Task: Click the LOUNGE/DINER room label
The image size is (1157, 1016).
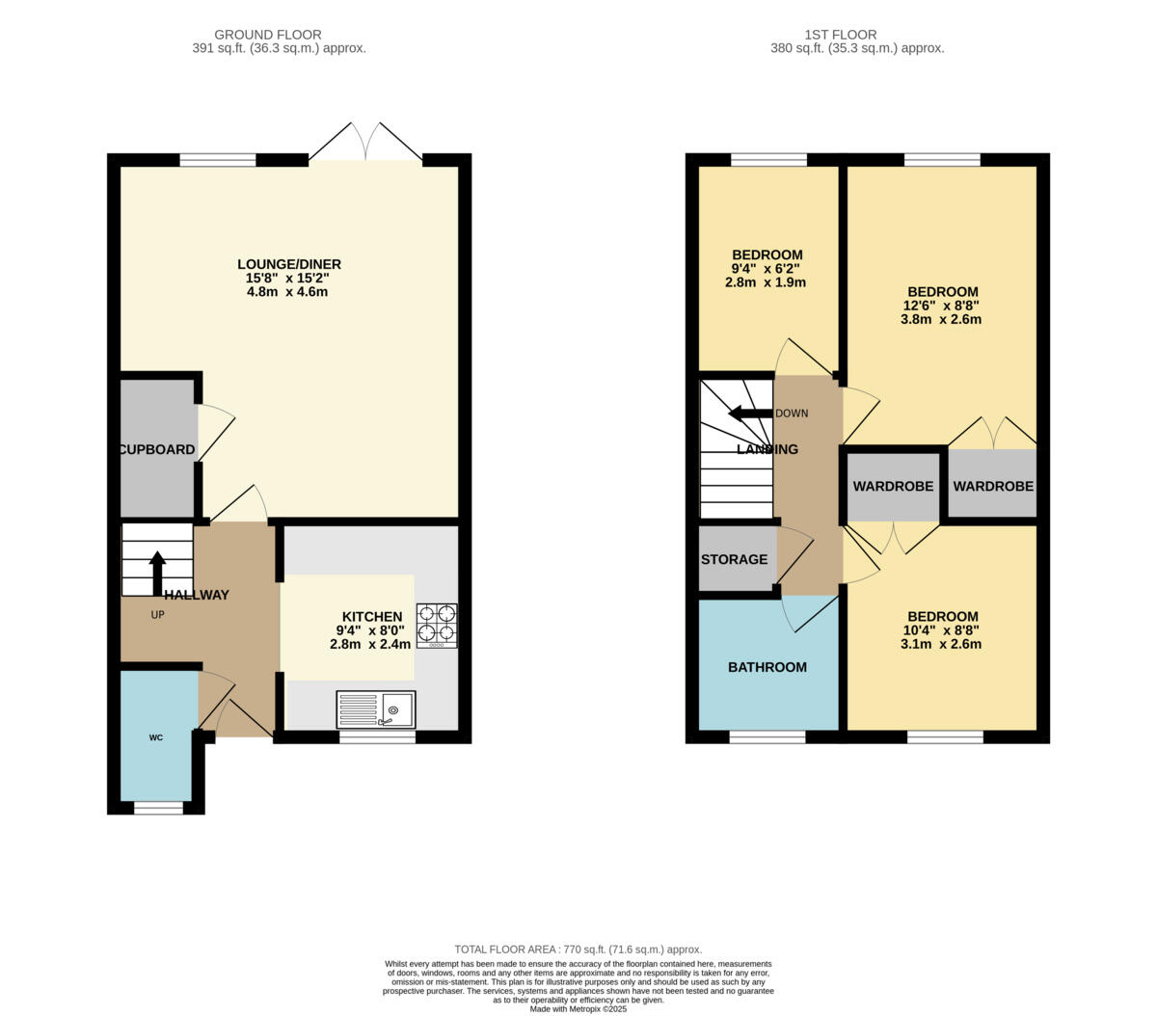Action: (x=289, y=264)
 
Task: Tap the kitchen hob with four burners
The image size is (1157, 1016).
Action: (x=437, y=624)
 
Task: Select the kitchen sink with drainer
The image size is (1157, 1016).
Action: (x=376, y=709)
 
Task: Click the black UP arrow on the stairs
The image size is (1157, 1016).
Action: (x=157, y=573)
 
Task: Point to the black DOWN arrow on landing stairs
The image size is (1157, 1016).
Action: (x=749, y=414)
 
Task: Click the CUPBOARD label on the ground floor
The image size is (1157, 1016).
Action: (x=157, y=449)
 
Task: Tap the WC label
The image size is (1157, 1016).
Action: (x=156, y=737)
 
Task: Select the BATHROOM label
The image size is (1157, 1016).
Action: (x=767, y=667)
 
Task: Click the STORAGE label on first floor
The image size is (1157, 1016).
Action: (x=735, y=559)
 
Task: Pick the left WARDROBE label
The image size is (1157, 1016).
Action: (x=894, y=487)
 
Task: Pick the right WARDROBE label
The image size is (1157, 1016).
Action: (x=993, y=487)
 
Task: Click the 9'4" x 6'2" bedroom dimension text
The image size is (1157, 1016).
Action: (x=767, y=269)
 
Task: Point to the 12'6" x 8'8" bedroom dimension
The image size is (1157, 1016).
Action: (x=941, y=306)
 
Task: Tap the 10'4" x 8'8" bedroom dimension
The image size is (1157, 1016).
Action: (x=941, y=630)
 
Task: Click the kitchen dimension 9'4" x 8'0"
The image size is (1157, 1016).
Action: (x=371, y=630)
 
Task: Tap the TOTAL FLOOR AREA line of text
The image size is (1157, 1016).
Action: (x=578, y=949)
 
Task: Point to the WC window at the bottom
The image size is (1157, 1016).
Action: (x=158, y=808)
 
